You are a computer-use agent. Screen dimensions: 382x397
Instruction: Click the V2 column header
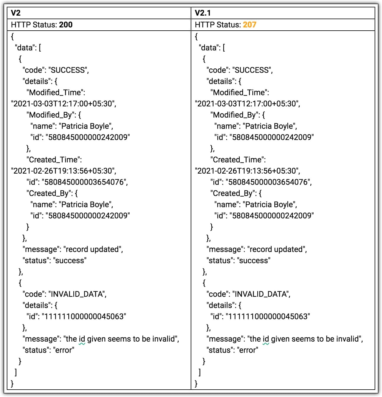click(x=16, y=13)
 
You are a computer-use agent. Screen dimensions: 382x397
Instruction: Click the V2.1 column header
click(x=202, y=13)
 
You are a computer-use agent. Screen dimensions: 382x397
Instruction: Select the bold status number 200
click(x=66, y=25)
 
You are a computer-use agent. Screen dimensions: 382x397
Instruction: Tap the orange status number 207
click(x=250, y=25)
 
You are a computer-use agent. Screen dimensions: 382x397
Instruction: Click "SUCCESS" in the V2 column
click(x=67, y=70)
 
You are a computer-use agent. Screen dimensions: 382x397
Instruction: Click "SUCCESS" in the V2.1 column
click(x=252, y=70)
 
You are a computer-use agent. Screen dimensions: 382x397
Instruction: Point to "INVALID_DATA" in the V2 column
click(x=76, y=294)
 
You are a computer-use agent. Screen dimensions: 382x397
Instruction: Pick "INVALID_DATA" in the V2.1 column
click(x=260, y=294)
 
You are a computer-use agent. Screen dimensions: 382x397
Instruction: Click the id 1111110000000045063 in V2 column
click(x=84, y=317)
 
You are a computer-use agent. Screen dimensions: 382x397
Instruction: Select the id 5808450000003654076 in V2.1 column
click(x=268, y=182)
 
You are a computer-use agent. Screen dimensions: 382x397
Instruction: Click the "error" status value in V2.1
click(x=248, y=350)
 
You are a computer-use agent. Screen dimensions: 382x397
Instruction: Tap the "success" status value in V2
click(x=70, y=261)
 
